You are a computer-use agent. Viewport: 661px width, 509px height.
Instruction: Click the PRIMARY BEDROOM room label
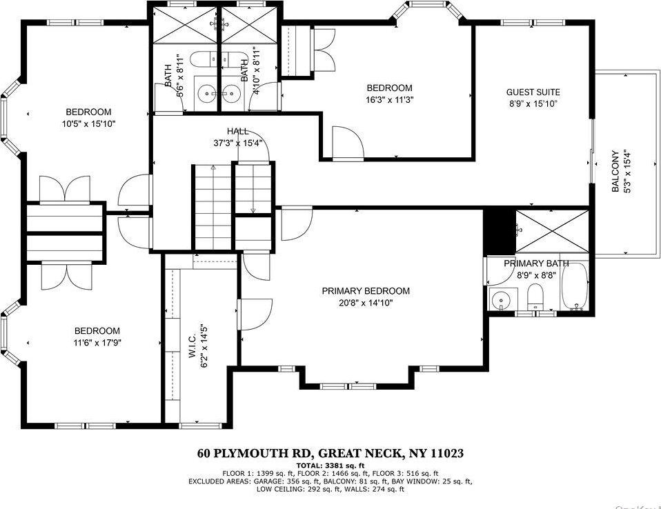(366, 291)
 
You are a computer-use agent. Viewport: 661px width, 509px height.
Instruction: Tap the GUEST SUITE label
(533, 92)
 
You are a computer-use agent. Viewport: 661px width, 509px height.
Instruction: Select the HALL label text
(238, 131)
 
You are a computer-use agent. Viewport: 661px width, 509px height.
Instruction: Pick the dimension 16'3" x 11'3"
(389, 99)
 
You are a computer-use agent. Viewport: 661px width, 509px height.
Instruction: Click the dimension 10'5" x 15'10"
(88, 124)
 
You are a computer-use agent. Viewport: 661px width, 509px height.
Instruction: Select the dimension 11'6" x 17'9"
(97, 343)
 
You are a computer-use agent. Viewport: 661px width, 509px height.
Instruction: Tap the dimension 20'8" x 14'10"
(366, 303)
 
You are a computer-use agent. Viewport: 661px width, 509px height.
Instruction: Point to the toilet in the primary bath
(536, 298)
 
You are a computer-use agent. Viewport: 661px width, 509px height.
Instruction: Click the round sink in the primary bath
(500, 299)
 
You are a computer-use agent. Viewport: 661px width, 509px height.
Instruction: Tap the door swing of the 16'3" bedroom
(348, 141)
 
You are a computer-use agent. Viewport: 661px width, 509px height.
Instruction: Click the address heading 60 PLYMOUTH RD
(330, 454)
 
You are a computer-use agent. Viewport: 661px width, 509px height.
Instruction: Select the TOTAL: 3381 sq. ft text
(330, 466)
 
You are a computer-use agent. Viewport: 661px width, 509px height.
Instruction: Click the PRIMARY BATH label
(535, 263)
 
